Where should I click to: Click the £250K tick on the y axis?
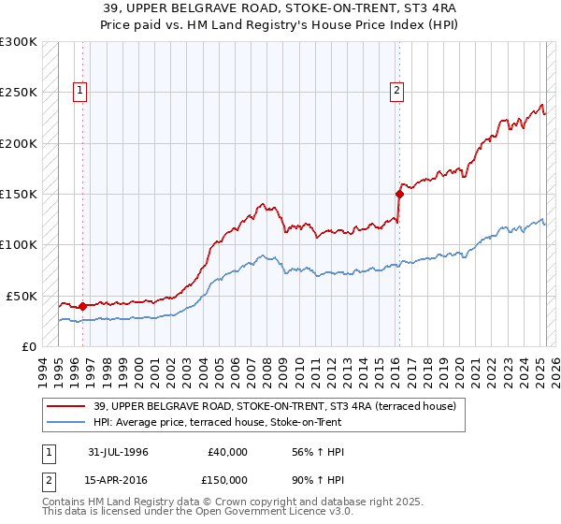[20, 93]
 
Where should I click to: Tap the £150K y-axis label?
[20, 194]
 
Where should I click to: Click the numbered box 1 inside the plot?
[80, 91]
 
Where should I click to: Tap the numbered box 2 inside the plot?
[397, 91]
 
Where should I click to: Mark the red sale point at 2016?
[399, 195]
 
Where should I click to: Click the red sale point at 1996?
[82, 306]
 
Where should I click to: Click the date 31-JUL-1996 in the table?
[118, 452]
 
